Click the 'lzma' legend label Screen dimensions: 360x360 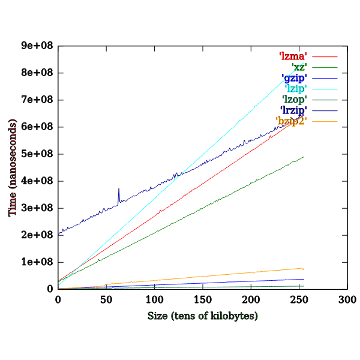[293, 56]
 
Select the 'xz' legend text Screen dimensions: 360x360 [298, 67]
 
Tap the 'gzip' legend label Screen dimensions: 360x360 [294, 78]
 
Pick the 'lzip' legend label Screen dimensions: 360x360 [295, 89]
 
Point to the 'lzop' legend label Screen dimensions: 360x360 [295, 100]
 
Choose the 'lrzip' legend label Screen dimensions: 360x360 [294, 110]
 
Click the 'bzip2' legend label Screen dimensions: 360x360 [292, 121]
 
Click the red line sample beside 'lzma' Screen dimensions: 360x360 [325, 57]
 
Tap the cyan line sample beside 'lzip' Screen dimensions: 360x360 [325, 89]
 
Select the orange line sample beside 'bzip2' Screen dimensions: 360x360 [325, 122]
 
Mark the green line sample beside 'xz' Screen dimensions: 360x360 [325, 68]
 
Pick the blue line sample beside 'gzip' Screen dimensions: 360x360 [325, 79]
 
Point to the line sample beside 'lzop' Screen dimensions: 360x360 [325, 100]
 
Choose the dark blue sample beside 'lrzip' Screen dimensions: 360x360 [325, 111]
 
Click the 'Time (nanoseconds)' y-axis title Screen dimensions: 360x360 [13, 167]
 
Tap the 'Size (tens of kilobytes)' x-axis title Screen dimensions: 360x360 [202, 316]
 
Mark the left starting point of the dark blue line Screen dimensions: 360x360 [59, 233]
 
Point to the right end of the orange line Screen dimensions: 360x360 [304, 268]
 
